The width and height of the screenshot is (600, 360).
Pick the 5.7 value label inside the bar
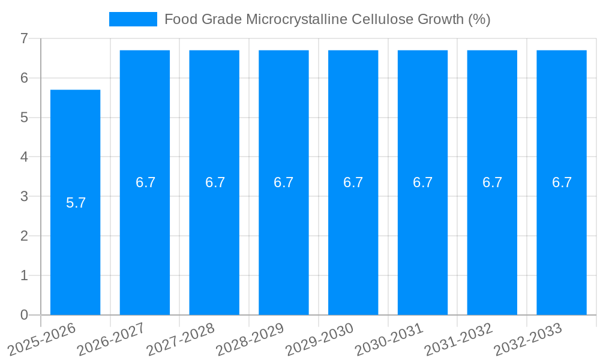[76, 203]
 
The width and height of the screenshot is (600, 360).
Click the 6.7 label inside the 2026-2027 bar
[145, 182]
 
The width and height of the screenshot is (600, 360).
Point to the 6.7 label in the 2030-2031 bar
[423, 182]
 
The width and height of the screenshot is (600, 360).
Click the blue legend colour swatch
[133, 19]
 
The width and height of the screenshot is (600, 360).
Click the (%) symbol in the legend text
[479, 19]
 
